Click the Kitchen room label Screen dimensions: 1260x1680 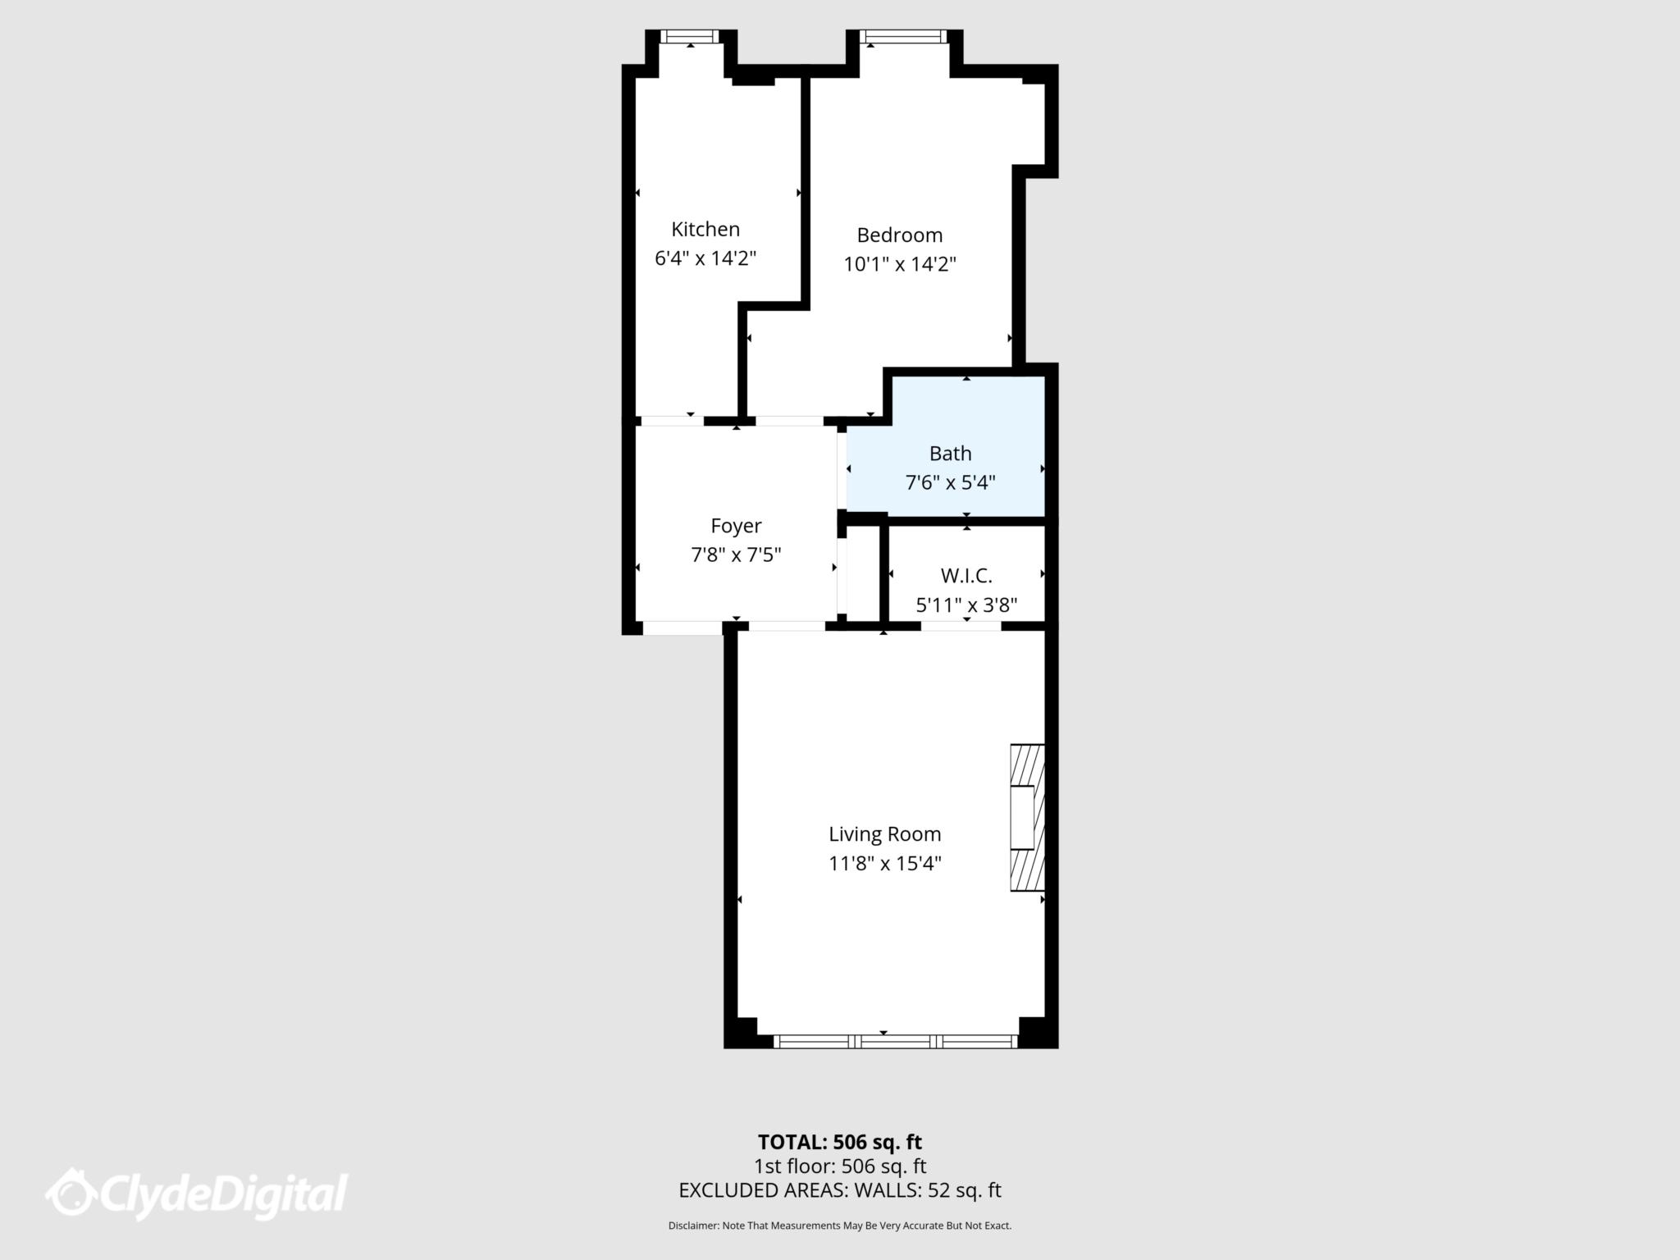(705, 229)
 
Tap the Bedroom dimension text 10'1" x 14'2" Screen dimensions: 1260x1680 (900, 264)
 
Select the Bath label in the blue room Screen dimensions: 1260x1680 (950, 454)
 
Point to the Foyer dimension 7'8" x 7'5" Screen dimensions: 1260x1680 (736, 555)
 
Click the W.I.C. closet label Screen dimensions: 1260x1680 (966, 576)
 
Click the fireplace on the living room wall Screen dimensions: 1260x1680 (1027, 818)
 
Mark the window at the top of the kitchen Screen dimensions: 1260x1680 (690, 36)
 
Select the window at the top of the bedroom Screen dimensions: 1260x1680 (902, 36)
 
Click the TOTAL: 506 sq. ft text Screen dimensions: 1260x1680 (839, 1142)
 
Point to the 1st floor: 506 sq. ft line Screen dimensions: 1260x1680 (839, 1166)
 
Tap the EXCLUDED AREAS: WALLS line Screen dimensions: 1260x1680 (839, 1190)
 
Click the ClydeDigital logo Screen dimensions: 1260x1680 (197, 1194)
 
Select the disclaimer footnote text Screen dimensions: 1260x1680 (839, 1226)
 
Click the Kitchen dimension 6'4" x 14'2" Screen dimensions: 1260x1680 (705, 258)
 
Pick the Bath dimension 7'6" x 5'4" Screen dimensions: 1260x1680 (950, 482)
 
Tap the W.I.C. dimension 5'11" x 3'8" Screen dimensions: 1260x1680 (966, 605)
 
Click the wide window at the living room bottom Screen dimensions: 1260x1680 (895, 1042)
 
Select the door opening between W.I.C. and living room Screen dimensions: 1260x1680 (961, 626)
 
